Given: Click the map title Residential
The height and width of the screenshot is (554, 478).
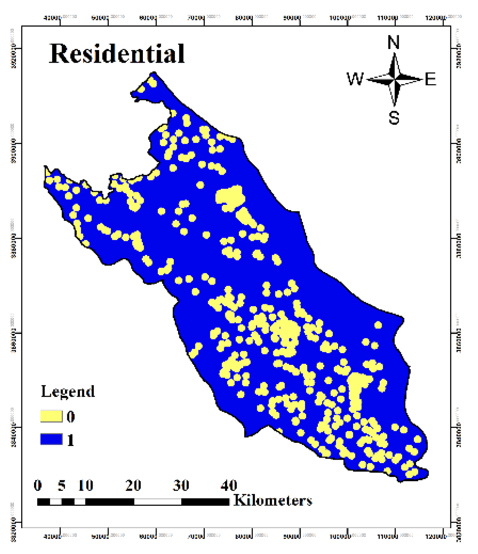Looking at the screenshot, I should (x=117, y=54).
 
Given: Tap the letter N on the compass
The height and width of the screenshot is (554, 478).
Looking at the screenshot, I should (x=393, y=42).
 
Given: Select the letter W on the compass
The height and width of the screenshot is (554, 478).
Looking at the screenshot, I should (x=355, y=79).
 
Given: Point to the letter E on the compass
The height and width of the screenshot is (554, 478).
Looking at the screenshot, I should (x=430, y=79).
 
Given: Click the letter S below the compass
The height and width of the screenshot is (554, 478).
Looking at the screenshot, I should (x=394, y=117).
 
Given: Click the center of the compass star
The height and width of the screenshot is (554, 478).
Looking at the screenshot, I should (x=395, y=79).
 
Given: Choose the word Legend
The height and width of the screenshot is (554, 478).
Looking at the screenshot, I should (x=68, y=392).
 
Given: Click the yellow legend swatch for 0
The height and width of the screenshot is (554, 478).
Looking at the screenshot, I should (x=51, y=416).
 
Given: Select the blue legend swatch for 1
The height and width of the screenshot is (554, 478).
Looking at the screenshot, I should (x=51, y=439).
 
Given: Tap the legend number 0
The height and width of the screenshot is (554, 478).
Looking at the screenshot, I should (x=70, y=417).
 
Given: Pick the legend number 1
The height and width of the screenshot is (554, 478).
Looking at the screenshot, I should (x=70, y=440).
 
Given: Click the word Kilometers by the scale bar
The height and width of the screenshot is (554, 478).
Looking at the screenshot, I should (x=273, y=500).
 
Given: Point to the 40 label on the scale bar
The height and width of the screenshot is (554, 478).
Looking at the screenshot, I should (x=229, y=485).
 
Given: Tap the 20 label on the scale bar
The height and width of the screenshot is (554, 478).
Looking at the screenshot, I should (x=133, y=485).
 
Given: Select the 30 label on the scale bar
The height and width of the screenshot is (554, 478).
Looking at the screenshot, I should (x=181, y=485).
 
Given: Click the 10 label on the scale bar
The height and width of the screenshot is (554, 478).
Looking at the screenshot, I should (x=85, y=485).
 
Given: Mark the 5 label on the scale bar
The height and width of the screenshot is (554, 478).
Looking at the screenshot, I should (x=61, y=485).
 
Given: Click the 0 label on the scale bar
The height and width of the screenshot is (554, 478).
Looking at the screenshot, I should (x=38, y=485).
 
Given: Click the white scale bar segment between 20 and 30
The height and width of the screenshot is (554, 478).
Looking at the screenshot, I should (x=157, y=502).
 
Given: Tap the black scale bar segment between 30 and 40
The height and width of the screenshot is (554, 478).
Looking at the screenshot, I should (x=205, y=502).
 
